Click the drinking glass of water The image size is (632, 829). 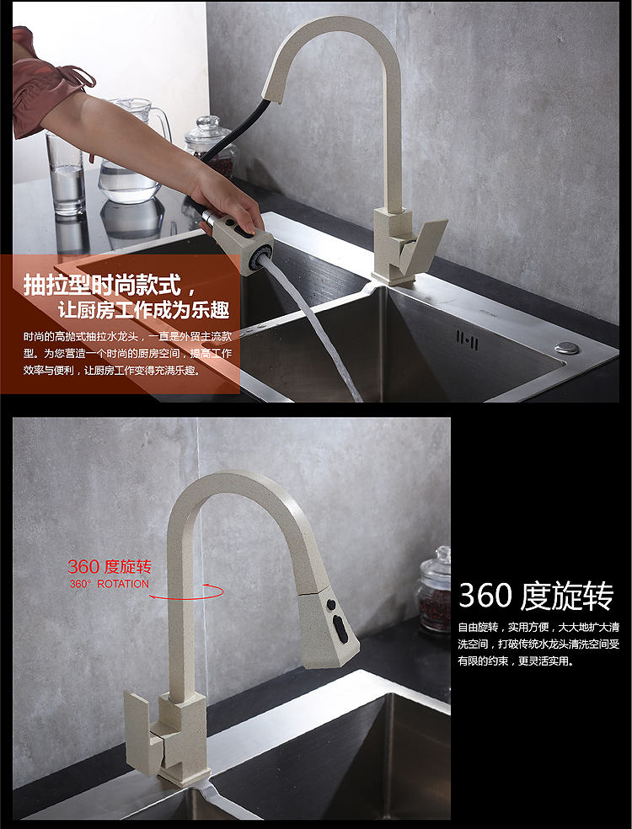click(66, 173)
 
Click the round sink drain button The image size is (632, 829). click(566, 346)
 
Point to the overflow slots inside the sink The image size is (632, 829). click(467, 340)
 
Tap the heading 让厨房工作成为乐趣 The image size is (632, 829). click(142, 309)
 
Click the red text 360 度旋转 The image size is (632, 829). click(109, 566)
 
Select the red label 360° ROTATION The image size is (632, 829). click(109, 584)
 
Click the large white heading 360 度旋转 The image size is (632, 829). click(536, 596)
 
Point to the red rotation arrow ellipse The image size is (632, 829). click(187, 591)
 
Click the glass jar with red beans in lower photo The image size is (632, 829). click(434, 589)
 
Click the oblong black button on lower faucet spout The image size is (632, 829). click(340, 627)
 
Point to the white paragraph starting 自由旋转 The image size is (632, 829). click(538, 644)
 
